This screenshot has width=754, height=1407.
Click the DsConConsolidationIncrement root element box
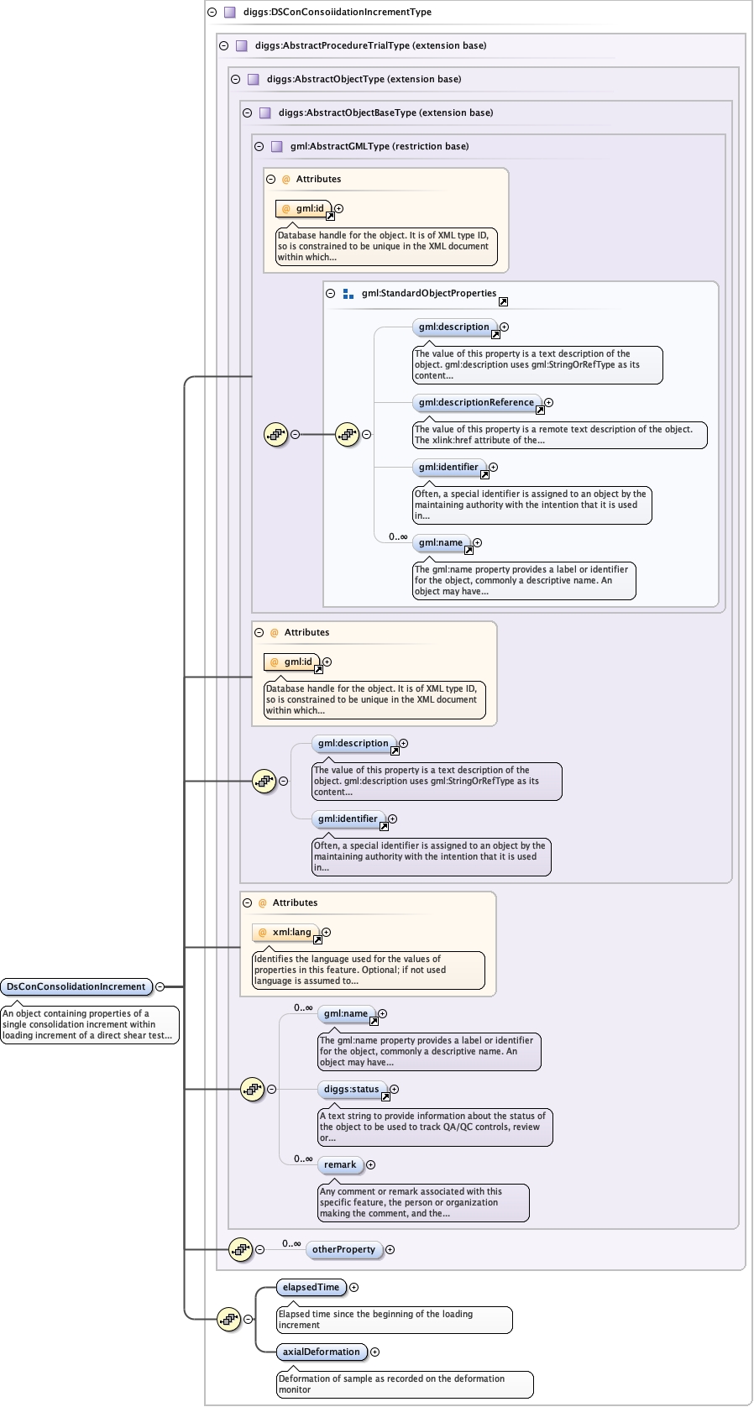tap(76, 986)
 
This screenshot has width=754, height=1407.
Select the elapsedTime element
tap(311, 1287)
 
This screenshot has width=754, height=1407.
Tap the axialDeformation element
tap(321, 1352)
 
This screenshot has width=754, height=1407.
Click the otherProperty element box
tap(343, 1249)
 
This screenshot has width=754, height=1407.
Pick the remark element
tap(340, 1164)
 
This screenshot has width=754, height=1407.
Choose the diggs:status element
tap(351, 1089)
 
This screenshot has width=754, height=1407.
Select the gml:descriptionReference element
tap(476, 402)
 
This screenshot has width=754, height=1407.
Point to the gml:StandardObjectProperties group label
tap(428, 293)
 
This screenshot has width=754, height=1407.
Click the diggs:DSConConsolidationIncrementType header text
tap(337, 12)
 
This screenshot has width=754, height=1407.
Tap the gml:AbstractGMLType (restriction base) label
tap(379, 146)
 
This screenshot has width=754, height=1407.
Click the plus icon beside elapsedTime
tap(354, 1287)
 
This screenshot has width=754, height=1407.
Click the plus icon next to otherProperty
tap(390, 1249)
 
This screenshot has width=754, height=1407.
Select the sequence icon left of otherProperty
tap(240, 1249)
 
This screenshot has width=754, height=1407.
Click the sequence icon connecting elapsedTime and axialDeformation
tap(228, 1319)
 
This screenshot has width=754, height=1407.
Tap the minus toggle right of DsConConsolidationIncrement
tap(160, 986)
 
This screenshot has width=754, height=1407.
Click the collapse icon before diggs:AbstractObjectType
tap(235, 79)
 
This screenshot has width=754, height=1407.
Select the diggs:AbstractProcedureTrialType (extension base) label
tap(370, 45)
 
